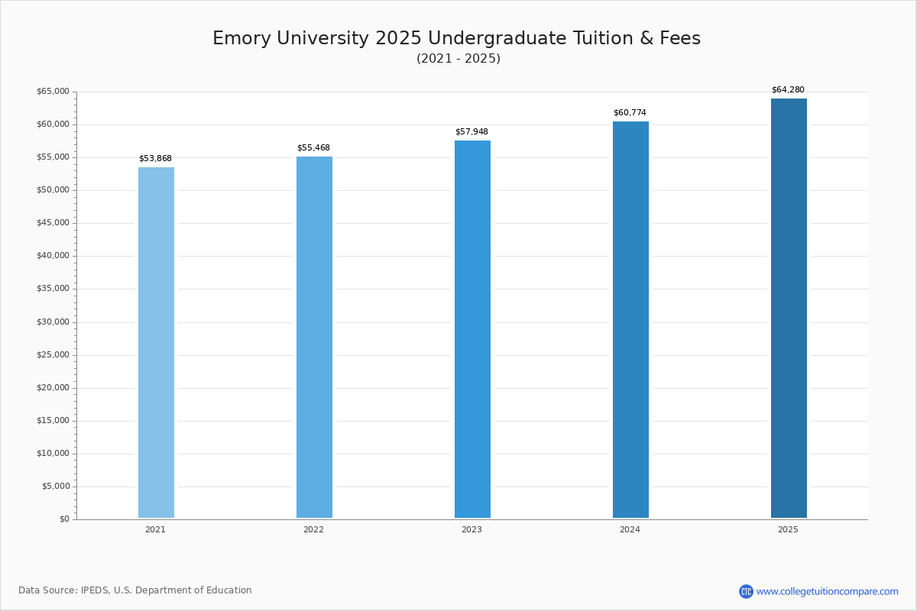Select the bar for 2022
[314, 337]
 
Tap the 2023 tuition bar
[472, 329]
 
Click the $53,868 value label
[155, 159]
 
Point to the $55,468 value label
[313, 148]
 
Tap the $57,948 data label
[471, 132]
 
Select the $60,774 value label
[630, 113]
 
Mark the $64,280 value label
[788, 90]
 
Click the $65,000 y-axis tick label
[53, 92]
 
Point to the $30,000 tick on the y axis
[53, 322]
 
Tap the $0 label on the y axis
[64, 519]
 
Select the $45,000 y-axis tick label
[53, 223]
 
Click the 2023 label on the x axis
[471, 530]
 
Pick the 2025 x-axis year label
[788, 530]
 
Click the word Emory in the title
[240, 39]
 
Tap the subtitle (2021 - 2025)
[458, 59]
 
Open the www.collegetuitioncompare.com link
[827, 592]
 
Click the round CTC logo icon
[746, 592]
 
